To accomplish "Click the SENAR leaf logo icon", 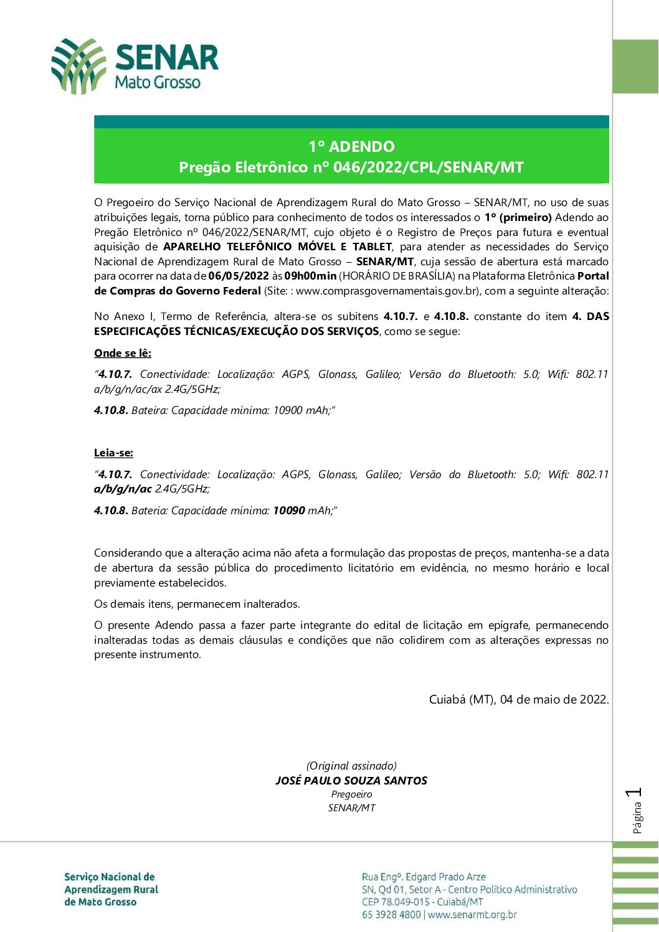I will [78, 66].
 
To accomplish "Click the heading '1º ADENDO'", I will [351, 147].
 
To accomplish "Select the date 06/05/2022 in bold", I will [239, 276].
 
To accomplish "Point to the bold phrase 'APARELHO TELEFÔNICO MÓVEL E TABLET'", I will [277, 247].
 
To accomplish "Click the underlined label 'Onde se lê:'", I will [123, 353].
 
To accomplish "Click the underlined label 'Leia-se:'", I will [113, 453].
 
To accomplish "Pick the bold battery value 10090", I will [289, 511].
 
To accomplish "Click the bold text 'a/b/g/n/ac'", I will [123, 489].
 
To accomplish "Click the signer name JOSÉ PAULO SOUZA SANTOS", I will [351, 781].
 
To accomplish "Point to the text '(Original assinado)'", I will [351, 766].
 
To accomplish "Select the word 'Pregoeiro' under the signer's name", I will [351, 794].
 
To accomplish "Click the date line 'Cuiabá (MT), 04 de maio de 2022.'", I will [519, 699].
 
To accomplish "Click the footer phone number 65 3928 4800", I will [391, 915].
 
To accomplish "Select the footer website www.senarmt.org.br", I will [472, 915].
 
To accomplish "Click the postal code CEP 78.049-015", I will [397, 902].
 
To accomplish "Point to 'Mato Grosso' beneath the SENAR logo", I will [158, 82].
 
